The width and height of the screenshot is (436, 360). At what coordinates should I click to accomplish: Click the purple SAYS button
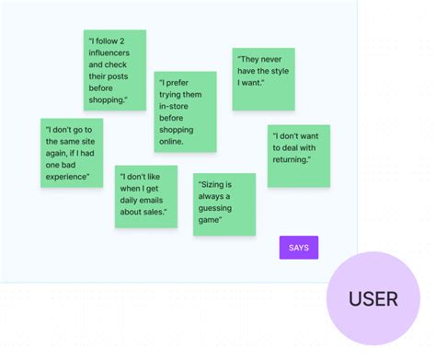299,248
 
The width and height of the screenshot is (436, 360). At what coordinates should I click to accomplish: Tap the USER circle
373,298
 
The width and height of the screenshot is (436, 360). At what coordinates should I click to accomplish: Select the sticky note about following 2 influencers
115,70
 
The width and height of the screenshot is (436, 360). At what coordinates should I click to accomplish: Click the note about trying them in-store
185,111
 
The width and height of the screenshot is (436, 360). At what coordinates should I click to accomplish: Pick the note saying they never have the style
263,79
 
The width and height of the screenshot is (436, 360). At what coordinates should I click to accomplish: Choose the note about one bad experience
72,153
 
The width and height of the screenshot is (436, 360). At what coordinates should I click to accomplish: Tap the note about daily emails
145,196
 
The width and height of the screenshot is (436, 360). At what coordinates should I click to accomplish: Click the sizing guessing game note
224,203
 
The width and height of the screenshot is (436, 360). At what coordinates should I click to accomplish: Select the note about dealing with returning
299,156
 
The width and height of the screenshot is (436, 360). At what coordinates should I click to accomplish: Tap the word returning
293,160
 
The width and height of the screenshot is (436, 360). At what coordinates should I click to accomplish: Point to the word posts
126,76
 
